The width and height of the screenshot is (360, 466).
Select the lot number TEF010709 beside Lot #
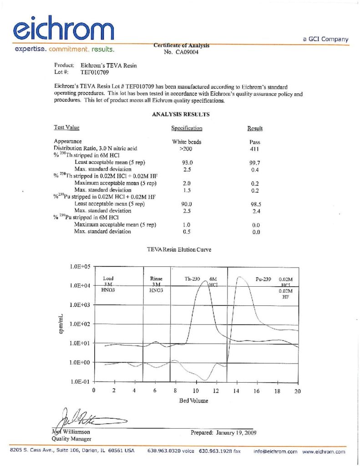tap(95, 72)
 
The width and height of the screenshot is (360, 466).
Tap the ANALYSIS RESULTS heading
tap(181, 115)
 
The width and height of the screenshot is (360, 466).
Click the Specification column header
tap(187, 128)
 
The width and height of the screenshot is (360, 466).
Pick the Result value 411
tap(255, 148)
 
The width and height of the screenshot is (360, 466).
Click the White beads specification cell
tap(187, 142)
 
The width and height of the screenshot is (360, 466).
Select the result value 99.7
tap(255, 162)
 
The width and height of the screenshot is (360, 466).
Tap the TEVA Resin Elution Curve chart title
tap(179, 249)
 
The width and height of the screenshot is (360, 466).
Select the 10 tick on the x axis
tap(195, 391)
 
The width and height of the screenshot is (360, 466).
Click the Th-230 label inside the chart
tap(193, 278)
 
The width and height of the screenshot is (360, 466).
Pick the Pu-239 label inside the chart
tap(264, 279)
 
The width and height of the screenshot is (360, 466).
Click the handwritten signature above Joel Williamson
tap(86, 417)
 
